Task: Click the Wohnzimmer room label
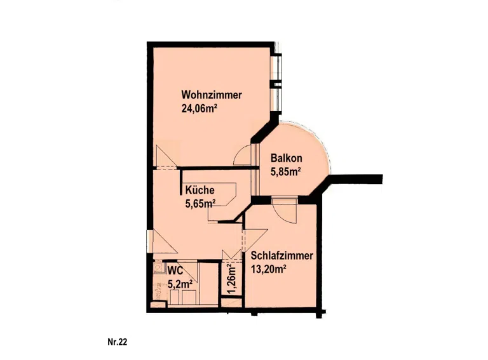pos(212,95)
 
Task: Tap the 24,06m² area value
pos(199,109)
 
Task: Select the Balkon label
pos(287,158)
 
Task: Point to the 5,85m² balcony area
pos(286,171)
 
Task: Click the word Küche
pos(200,190)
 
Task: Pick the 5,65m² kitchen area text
pos(201,204)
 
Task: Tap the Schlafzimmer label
pos(281,256)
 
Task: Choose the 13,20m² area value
pos(269,269)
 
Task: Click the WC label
pos(175,270)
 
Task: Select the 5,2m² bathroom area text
pos(180,284)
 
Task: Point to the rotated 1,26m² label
pos(231,279)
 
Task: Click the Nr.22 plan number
pos(118,342)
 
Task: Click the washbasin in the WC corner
pos(159,267)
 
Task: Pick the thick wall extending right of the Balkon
pos(355,179)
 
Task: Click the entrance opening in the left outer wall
pos(150,241)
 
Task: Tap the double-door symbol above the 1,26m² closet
pos(231,255)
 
